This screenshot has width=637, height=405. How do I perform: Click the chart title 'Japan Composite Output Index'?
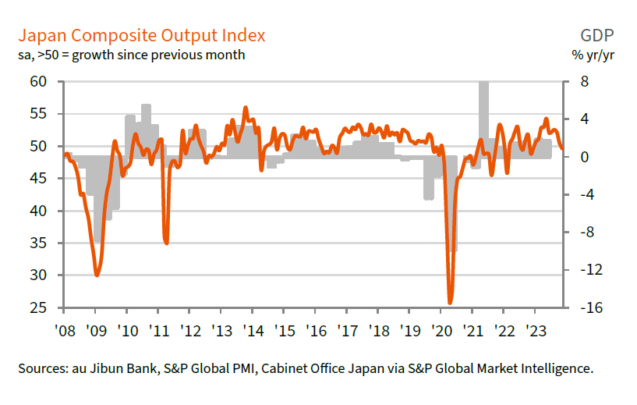click(x=141, y=36)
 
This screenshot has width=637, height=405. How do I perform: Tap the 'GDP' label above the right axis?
click(x=596, y=36)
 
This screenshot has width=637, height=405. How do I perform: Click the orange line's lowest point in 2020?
click(x=450, y=302)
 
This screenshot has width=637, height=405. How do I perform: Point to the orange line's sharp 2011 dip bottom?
click(x=166, y=243)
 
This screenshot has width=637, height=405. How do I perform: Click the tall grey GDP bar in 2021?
click(x=483, y=117)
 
